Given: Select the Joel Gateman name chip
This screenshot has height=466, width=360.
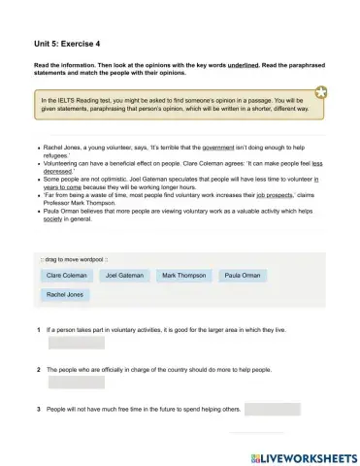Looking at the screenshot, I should coord(124,276).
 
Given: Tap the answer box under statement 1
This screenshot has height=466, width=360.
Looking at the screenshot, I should coord(76,343).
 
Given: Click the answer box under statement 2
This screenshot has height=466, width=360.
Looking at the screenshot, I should coord(76,383).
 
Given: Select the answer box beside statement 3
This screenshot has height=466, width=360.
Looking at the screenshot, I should coord(273,410).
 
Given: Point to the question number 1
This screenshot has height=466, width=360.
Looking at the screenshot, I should coord(38,330).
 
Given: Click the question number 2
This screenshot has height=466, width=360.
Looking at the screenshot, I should coord(38,371).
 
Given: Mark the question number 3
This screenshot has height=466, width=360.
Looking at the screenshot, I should coord(38,410).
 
